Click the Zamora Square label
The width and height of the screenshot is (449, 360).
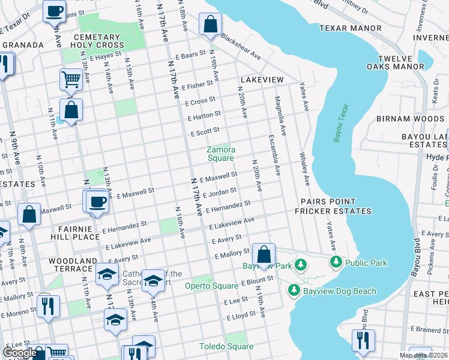pos(220,154)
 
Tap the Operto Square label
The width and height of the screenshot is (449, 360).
pos(207,286)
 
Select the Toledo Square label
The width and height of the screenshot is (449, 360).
pos(226,347)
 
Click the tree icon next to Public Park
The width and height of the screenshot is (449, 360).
pos(336,262)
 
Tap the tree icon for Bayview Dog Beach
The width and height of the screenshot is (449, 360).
pos(294,291)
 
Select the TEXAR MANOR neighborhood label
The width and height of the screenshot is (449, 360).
pos(350,28)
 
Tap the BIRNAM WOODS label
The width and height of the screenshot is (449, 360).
pos(410,119)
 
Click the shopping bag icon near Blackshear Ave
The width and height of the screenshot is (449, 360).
pos(211,25)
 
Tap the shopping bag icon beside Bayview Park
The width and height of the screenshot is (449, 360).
pos(264,254)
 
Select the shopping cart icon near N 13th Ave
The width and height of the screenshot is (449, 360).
pos(71,79)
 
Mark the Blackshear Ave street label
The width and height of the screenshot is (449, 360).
pos(241,46)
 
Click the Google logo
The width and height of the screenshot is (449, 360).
pos(20,353)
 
